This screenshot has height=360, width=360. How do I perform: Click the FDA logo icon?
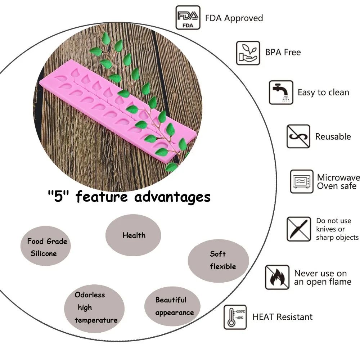tap(188, 18)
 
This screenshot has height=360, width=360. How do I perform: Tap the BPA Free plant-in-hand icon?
tap(248, 53)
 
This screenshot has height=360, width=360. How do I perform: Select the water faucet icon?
tap(281, 92)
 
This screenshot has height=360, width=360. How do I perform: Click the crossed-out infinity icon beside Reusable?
tap(298, 136)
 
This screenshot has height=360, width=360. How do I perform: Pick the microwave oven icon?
tap(302, 181)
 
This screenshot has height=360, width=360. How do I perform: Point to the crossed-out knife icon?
tap(299, 229)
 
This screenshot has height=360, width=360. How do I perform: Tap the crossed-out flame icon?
tap(277, 277)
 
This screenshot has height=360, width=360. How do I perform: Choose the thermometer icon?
tap(235, 317)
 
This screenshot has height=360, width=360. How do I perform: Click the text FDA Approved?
tap(234, 18)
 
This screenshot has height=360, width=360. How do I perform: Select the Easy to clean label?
tap(323, 92)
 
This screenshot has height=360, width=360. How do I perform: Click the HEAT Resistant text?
tap(282, 317)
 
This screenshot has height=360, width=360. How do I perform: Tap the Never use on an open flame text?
tap(323, 278)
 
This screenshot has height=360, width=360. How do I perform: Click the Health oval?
tap(133, 235)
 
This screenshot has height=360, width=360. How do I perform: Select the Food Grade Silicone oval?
tap(45, 246)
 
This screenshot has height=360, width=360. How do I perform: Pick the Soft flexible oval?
tap(219, 261)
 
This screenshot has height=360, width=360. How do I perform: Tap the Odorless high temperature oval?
tap(94, 309)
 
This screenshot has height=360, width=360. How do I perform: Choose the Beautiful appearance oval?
tap(172, 306)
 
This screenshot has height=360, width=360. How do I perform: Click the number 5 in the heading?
tap(58, 197)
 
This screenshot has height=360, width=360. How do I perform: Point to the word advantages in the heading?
tap(172, 197)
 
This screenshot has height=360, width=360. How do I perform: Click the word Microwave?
tap(338, 177)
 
